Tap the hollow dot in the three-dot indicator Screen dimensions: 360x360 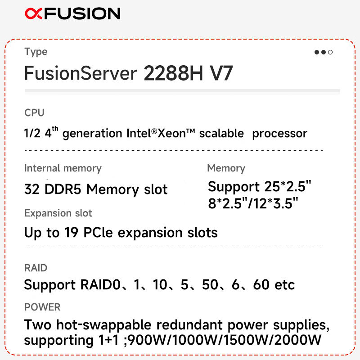(x=330, y=52)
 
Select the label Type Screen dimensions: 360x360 (x=36, y=52)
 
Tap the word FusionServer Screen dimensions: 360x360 (x=81, y=73)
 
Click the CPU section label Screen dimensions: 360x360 (x=34, y=113)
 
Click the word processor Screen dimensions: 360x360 (x=279, y=134)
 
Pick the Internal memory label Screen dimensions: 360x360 (x=63, y=168)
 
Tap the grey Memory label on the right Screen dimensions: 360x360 (x=226, y=168)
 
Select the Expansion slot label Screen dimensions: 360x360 (x=58, y=213)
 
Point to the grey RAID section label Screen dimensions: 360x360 (x=36, y=268)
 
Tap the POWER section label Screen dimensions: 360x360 (x=42, y=307)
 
